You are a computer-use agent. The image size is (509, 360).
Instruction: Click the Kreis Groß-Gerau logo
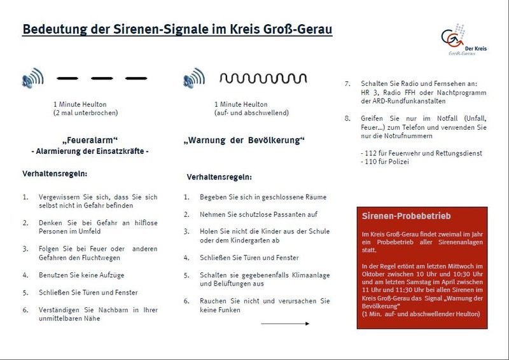(463, 42)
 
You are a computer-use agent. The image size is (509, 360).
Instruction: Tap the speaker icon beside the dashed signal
(32, 80)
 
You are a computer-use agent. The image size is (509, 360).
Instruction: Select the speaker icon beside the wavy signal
(193, 80)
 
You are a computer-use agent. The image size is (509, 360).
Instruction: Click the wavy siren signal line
(263, 79)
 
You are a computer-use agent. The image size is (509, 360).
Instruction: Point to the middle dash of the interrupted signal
(102, 79)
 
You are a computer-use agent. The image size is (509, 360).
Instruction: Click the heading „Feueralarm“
(90, 140)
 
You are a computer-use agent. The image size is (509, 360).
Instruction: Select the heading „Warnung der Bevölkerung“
(244, 140)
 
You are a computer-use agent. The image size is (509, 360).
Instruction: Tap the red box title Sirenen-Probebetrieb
(398, 216)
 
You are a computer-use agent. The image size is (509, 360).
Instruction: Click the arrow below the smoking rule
(284, 324)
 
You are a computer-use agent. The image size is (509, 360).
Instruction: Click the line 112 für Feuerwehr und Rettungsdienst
(421, 153)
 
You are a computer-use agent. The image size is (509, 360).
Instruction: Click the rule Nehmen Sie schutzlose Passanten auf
(258, 215)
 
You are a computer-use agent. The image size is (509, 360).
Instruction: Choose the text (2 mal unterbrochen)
(86, 113)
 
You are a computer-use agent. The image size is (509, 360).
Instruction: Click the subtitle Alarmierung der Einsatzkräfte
(90, 151)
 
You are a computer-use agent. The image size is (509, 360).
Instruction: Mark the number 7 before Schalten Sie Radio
(347, 84)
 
